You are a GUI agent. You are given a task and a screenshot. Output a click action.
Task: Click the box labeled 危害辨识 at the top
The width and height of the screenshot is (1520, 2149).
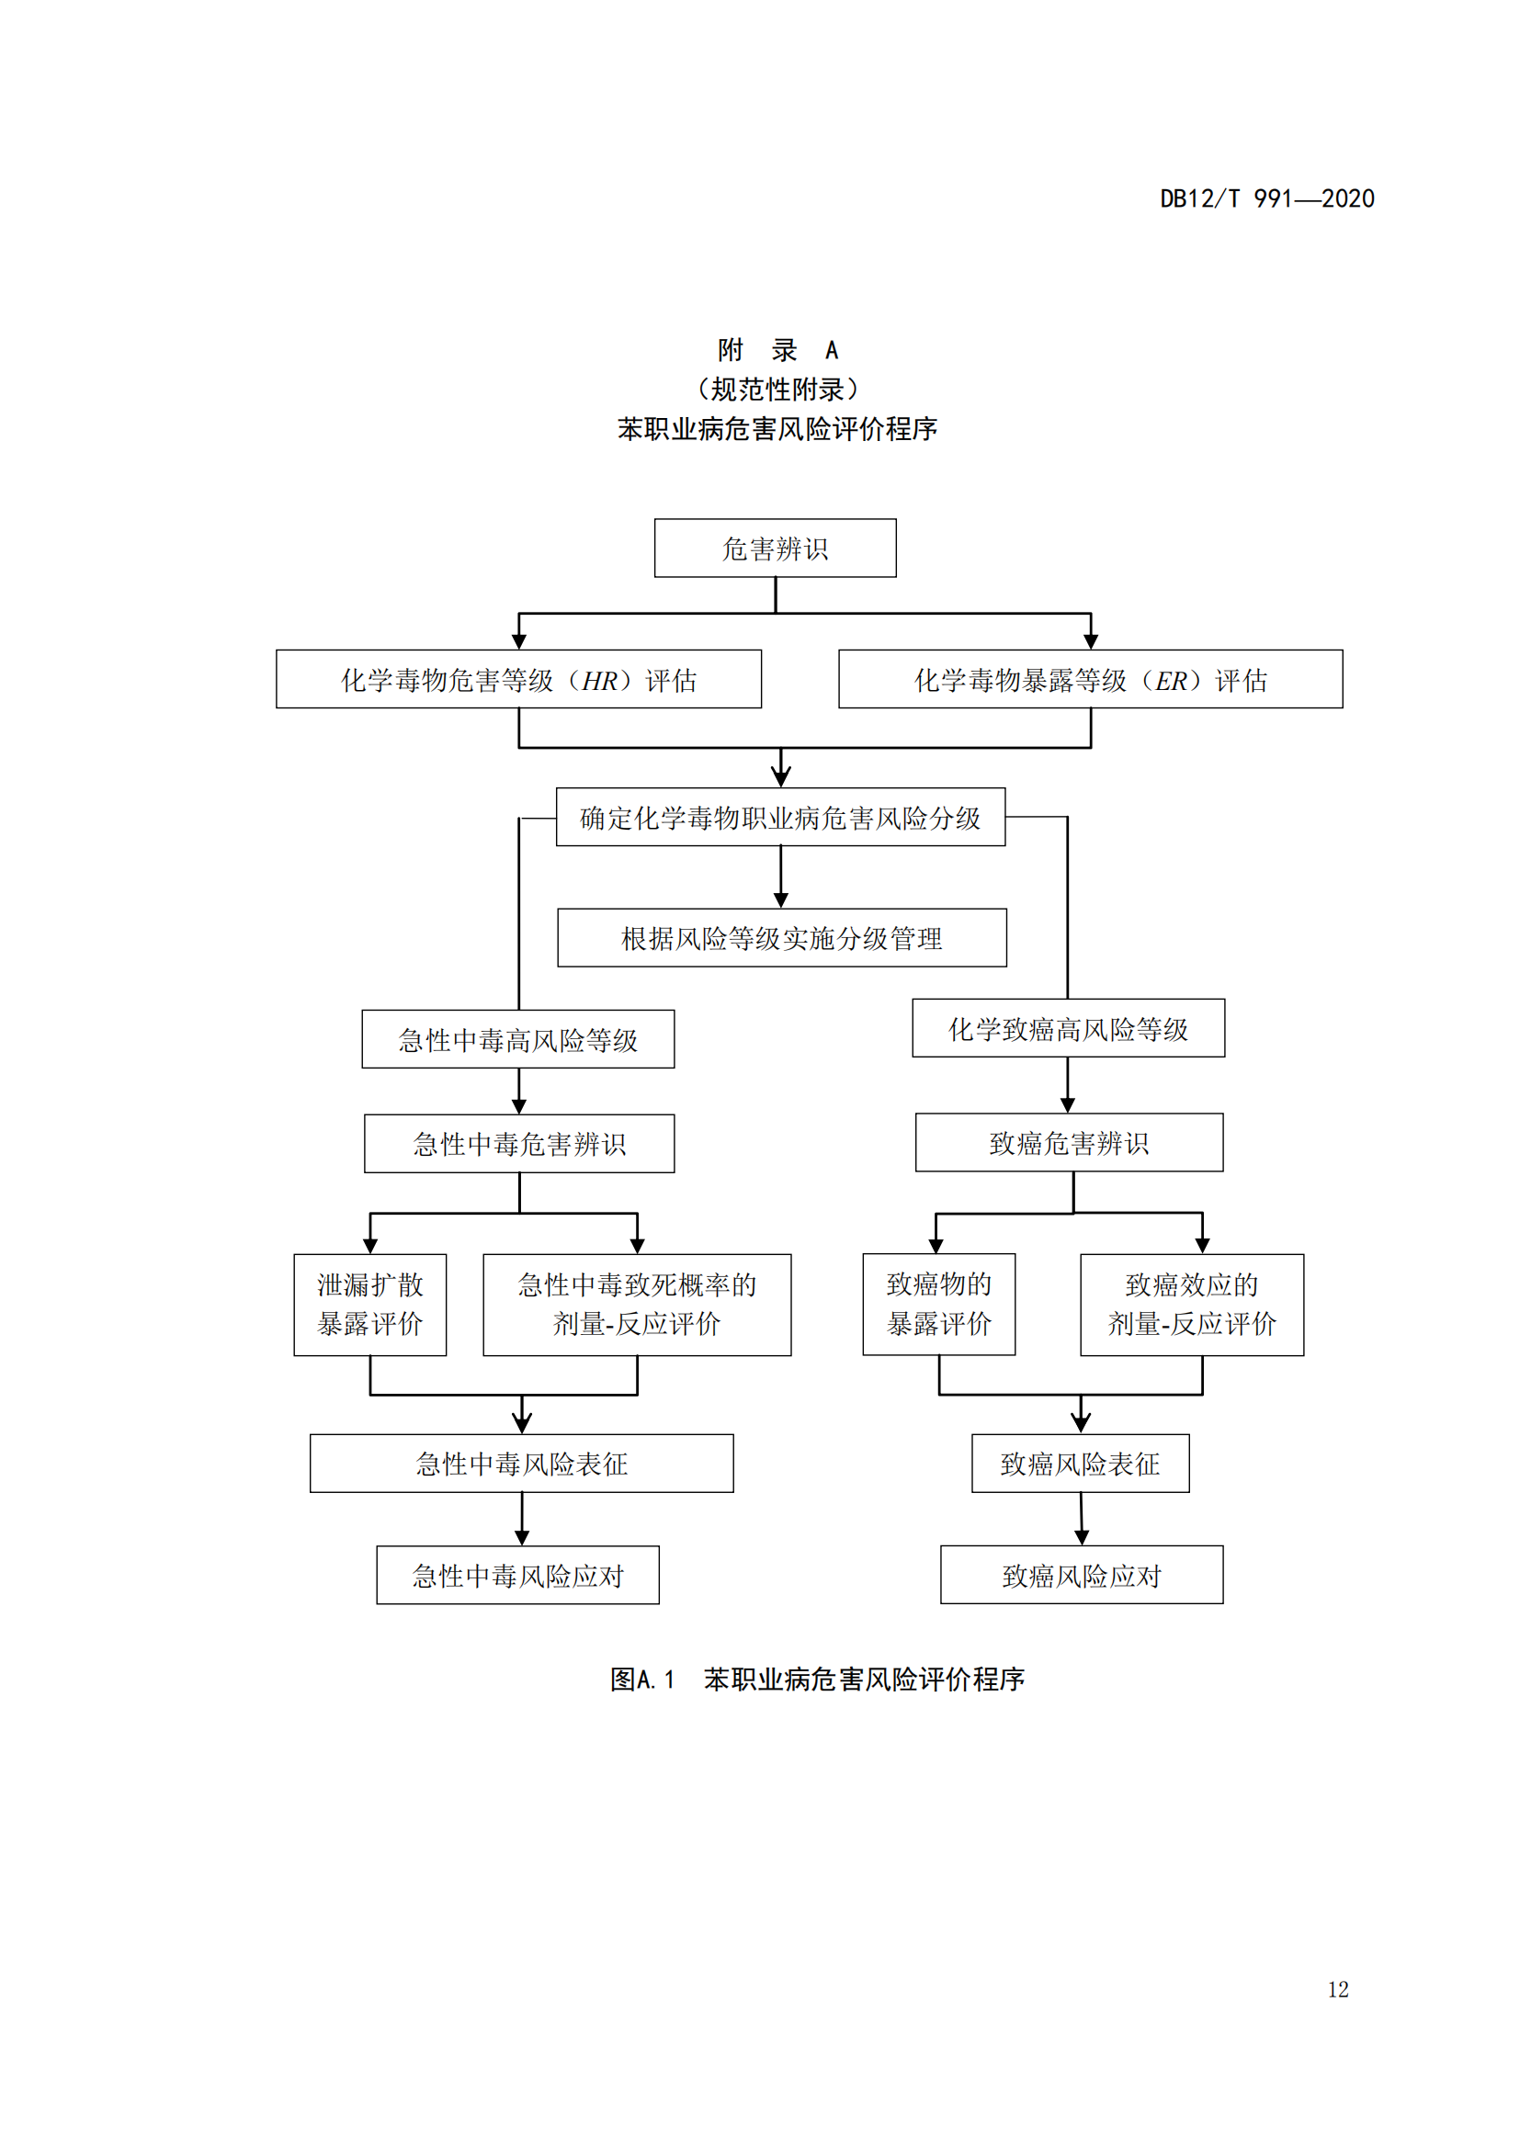pos(775,549)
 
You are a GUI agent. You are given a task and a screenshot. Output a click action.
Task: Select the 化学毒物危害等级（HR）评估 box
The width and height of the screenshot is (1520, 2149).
pos(518,680)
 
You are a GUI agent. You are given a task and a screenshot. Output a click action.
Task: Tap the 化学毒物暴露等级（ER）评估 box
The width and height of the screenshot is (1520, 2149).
pos(1091,680)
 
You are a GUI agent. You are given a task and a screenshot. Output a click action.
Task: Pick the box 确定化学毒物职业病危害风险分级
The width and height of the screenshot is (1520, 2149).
pos(780,817)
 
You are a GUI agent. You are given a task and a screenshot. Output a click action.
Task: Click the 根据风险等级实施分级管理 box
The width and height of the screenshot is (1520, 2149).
pos(781,938)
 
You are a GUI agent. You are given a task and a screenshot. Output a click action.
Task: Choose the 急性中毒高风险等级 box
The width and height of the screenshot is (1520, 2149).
pos(517,1039)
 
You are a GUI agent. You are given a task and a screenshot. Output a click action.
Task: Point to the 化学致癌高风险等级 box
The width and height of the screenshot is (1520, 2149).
pos(1068,1029)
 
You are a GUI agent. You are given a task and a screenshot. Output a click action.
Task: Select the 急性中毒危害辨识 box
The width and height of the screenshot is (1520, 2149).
pos(519,1144)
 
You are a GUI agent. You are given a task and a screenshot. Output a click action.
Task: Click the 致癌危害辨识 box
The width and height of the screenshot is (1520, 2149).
pos(1069,1143)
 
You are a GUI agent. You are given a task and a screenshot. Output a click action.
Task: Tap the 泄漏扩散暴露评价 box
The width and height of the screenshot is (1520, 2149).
pos(369,1305)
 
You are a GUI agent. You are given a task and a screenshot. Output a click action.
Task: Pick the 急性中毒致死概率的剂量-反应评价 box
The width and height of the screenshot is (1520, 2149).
pos(637,1305)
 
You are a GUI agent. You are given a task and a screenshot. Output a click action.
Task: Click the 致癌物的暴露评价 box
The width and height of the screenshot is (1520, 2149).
pos(939,1305)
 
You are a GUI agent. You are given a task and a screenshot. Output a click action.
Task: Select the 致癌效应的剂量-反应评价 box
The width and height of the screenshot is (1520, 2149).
pos(1192,1305)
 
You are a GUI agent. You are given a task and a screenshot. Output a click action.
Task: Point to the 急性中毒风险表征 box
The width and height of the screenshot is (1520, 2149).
pos(521,1464)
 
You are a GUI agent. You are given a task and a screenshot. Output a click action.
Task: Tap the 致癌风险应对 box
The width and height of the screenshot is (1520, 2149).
pos(1081,1576)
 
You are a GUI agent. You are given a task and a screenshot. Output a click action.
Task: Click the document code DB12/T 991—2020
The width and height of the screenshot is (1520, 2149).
pos(1266,198)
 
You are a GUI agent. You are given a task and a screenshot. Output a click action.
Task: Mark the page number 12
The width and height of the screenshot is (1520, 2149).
pos(1337,1990)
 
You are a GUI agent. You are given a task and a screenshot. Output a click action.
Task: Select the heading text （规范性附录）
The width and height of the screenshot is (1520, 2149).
pos(777,390)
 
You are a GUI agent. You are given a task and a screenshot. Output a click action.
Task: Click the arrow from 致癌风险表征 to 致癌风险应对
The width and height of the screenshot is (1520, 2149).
pos(1081,1519)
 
